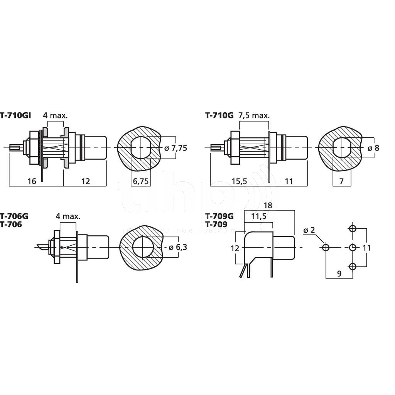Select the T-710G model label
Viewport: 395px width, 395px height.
coord(219,115)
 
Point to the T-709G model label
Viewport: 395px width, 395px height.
coord(219,216)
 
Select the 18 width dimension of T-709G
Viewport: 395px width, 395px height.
coord(268,206)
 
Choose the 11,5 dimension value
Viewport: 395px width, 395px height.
coord(258,216)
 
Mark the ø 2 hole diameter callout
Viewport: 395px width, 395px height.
coord(309,230)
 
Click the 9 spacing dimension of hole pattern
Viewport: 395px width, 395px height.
coord(339,273)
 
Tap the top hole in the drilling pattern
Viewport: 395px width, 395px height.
coord(352,228)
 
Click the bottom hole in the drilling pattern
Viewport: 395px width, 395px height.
coord(352,266)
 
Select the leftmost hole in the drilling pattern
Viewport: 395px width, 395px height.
coord(326,247)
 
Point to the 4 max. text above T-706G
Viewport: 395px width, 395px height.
coord(68,216)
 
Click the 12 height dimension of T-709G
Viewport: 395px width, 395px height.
coord(235,248)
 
